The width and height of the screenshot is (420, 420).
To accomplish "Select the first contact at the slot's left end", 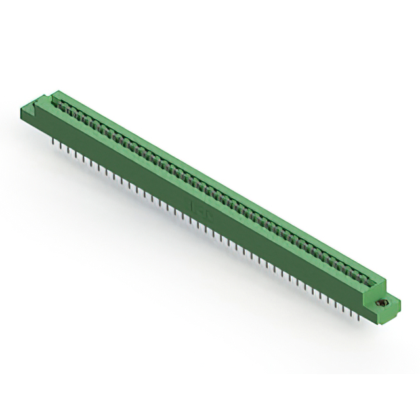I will [x=63, y=108].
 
